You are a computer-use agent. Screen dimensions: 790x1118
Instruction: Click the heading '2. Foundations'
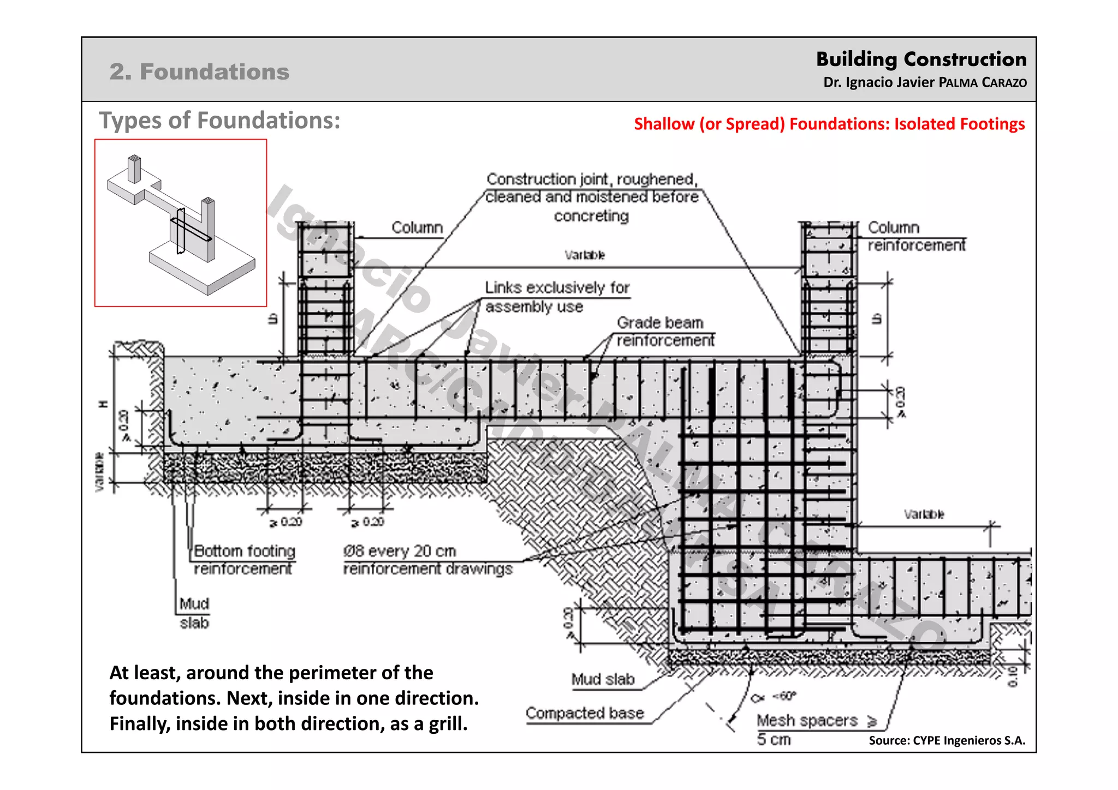coord(199,72)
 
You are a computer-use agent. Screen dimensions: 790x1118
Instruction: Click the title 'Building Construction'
coord(921,59)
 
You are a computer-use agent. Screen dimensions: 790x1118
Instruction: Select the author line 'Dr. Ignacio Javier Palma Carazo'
coord(925,82)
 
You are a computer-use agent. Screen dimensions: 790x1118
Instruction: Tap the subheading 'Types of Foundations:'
coord(219,121)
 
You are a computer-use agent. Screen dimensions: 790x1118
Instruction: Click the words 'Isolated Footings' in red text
coord(959,124)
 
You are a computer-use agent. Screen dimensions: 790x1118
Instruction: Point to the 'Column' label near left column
coord(417,228)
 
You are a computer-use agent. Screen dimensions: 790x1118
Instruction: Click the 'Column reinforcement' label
coord(916,236)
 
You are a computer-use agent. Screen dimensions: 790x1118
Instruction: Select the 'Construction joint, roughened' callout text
coord(592,179)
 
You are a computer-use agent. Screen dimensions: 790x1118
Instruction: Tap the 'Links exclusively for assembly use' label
coord(557,297)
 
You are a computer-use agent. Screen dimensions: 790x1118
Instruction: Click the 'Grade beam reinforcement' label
coord(665,331)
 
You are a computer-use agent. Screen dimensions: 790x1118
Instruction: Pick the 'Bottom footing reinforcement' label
coord(244,559)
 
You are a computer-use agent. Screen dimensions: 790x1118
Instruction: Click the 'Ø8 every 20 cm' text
coord(400,551)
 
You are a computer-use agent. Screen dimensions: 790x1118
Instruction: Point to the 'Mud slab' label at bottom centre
coord(603,679)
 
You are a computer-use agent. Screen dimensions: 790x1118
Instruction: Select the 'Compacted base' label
coord(585,713)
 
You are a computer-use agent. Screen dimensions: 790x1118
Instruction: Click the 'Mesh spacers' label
coord(807,721)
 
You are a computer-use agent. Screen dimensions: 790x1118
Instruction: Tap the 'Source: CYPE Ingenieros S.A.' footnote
coord(947,740)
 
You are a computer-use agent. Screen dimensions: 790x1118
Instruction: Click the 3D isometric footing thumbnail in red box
coord(181,223)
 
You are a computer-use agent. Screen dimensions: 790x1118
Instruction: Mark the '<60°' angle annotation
coord(784,696)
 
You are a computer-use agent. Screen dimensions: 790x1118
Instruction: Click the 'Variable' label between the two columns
coord(585,255)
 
